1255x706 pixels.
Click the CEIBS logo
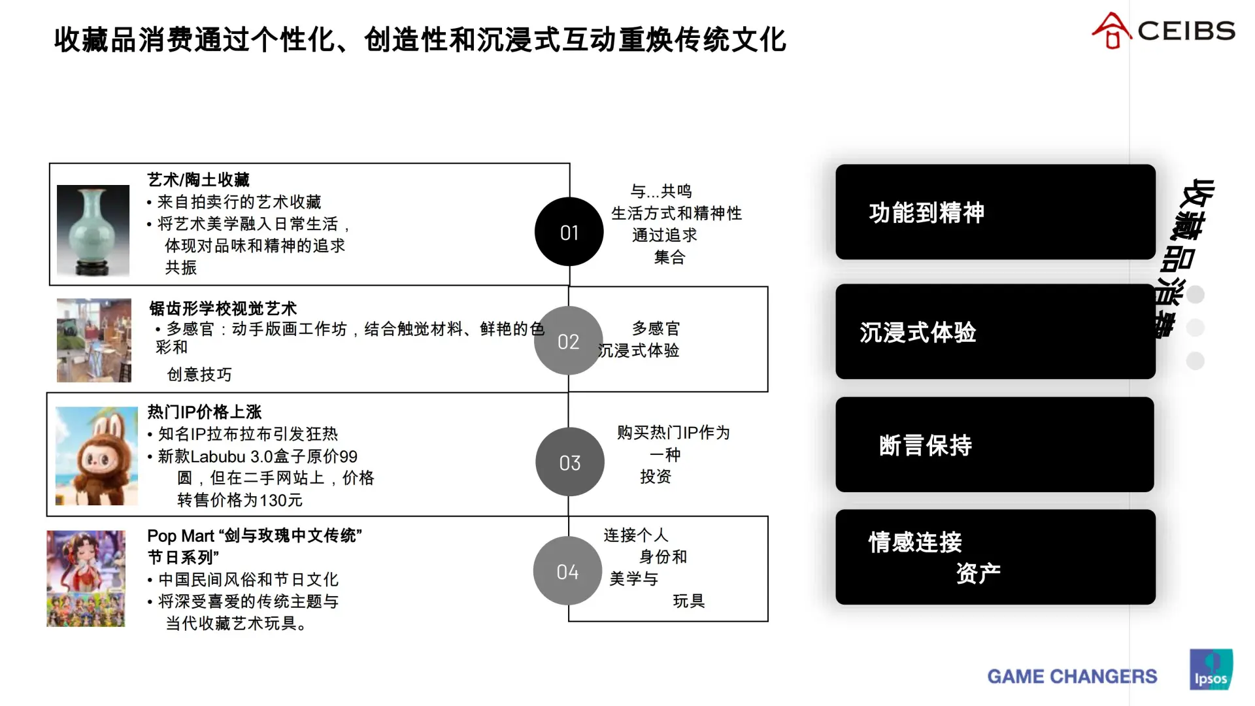[x=1163, y=31]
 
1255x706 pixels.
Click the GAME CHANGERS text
[x=1072, y=676]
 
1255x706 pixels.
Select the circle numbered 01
[x=569, y=232]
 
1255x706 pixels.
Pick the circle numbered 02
[x=568, y=341]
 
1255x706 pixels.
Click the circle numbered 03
[x=569, y=462]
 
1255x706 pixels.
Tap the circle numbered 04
[x=567, y=571]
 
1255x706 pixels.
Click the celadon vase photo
[x=93, y=231]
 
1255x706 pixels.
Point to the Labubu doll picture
[x=96, y=456]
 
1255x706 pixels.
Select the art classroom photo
[x=93, y=340]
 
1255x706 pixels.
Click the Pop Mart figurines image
[x=86, y=578]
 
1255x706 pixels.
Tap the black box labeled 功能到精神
[x=995, y=212]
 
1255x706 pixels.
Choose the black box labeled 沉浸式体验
[x=995, y=331]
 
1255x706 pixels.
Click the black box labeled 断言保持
[x=994, y=445]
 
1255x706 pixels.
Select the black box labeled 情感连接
[x=995, y=557]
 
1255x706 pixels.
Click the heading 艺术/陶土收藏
[x=198, y=180]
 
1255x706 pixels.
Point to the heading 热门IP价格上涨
[x=204, y=412]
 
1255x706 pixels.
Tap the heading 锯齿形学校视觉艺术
[x=223, y=309]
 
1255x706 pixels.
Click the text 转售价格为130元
[x=240, y=500]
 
